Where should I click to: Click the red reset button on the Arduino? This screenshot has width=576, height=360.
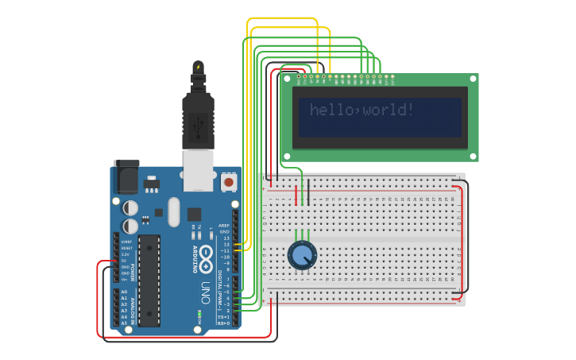pos(229,182)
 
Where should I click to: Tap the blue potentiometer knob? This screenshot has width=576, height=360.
pos(302,255)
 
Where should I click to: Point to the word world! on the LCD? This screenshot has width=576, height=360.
pos(389,110)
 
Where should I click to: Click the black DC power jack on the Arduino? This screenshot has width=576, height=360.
pos(126,177)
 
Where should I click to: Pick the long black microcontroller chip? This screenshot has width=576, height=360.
pos(149,281)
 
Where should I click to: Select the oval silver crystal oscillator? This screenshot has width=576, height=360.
pos(174,211)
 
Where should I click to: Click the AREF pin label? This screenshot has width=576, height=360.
pos(224,226)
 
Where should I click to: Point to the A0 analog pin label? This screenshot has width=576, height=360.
pos(124,292)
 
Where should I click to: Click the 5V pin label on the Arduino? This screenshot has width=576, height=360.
pos(125,260)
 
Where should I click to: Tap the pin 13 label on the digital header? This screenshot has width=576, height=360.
pos(226,238)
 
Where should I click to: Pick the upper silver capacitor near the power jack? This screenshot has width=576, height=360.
pos(131,207)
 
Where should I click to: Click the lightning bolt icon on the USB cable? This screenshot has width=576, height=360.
pos(199,67)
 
